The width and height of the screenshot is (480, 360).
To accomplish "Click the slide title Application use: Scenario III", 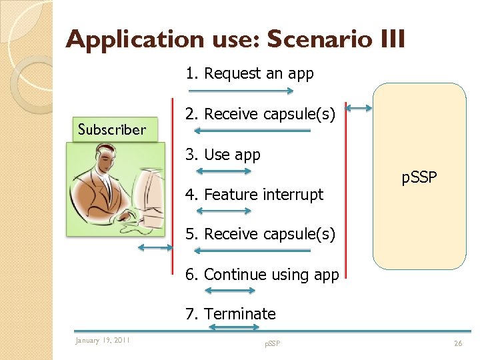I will (x=235, y=40).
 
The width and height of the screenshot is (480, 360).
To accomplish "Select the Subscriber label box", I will (x=112, y=130).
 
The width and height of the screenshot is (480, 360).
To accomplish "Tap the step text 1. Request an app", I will (x=249, y=73).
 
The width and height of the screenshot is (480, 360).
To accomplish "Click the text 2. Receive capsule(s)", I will (x=260, y=115).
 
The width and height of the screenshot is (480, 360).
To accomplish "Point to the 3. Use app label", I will (x=223, y=155).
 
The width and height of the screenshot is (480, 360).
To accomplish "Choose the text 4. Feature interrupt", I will (x=254, y=195).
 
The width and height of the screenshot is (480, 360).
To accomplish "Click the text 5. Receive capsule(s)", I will (x=260, y=235).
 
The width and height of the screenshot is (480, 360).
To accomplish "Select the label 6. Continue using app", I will (x=262, y=275).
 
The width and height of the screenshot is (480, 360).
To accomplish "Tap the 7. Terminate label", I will (x=231, y=314).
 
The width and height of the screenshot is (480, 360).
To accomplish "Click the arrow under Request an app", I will (x=241, y=91).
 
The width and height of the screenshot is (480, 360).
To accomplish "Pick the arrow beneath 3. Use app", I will (x=227, y=171).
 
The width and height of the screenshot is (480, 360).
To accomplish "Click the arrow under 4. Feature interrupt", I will (x=227, y=211).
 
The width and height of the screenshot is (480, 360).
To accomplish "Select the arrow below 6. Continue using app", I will (x=229, y=291).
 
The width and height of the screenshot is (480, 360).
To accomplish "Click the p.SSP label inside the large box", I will (x=419, y=179).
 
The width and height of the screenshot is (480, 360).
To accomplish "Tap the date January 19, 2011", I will (x=103, y=341).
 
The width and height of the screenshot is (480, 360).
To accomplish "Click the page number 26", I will (x=457, y=343).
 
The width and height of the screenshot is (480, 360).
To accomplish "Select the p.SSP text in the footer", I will (x=272, y=343).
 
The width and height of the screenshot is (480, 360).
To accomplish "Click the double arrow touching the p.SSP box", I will (x=359, y=107).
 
